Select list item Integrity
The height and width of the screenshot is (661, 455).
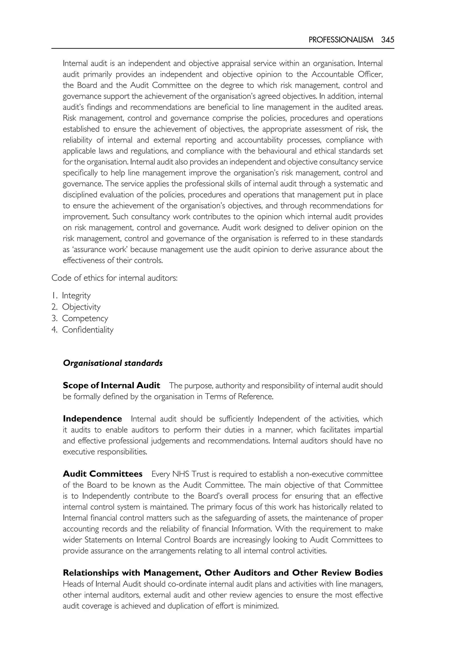[76, 296]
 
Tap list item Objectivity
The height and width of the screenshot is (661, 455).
[81, 307]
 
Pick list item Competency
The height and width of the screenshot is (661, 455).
[85, 318]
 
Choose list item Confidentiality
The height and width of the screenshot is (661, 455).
[88, 330]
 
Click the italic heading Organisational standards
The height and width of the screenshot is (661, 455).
[113, 363]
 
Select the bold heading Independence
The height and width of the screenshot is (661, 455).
[92, 419]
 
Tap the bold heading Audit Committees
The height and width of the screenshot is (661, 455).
[103, 474]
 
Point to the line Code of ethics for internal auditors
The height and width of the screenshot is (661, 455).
[114, 278]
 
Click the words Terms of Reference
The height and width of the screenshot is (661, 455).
[239, 397]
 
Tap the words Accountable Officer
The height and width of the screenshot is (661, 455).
[347, 74]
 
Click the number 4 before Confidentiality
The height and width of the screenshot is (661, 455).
[54, 330]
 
